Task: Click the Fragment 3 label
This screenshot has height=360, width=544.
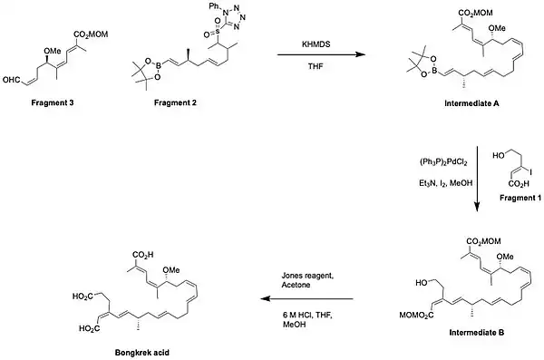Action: [x=53, y=102]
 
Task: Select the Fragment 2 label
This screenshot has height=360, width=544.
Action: [x=175, y=102]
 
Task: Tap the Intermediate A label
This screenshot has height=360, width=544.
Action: [x=471, y=103]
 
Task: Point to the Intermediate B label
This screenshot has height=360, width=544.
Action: [x=477, y=333]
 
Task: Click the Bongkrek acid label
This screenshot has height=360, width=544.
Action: [x=142, y=353]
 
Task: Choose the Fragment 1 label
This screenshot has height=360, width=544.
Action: [x=520, y=198]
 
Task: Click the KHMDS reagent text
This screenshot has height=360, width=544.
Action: [x=316, y=44]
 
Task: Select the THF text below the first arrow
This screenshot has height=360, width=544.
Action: [x=316, y=65]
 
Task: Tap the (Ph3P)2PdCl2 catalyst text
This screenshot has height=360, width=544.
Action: [x=443, y=162]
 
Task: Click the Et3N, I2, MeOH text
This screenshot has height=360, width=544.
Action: [x=446, y=183]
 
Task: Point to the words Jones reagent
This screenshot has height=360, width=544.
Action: [x=307, y=276]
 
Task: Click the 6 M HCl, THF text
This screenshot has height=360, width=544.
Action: [x=307, y=316]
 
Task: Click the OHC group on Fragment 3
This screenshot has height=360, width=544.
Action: [x=11, y=80]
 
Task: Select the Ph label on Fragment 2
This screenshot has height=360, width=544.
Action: [x=214, y=6]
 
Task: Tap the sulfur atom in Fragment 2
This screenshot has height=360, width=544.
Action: [x=218, y=32]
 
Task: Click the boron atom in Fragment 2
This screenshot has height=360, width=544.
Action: [x=159, y=63]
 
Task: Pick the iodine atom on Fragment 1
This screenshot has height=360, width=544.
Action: [x=530, y=171]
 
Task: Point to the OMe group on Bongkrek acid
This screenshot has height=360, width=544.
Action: [x=171, y=269]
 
